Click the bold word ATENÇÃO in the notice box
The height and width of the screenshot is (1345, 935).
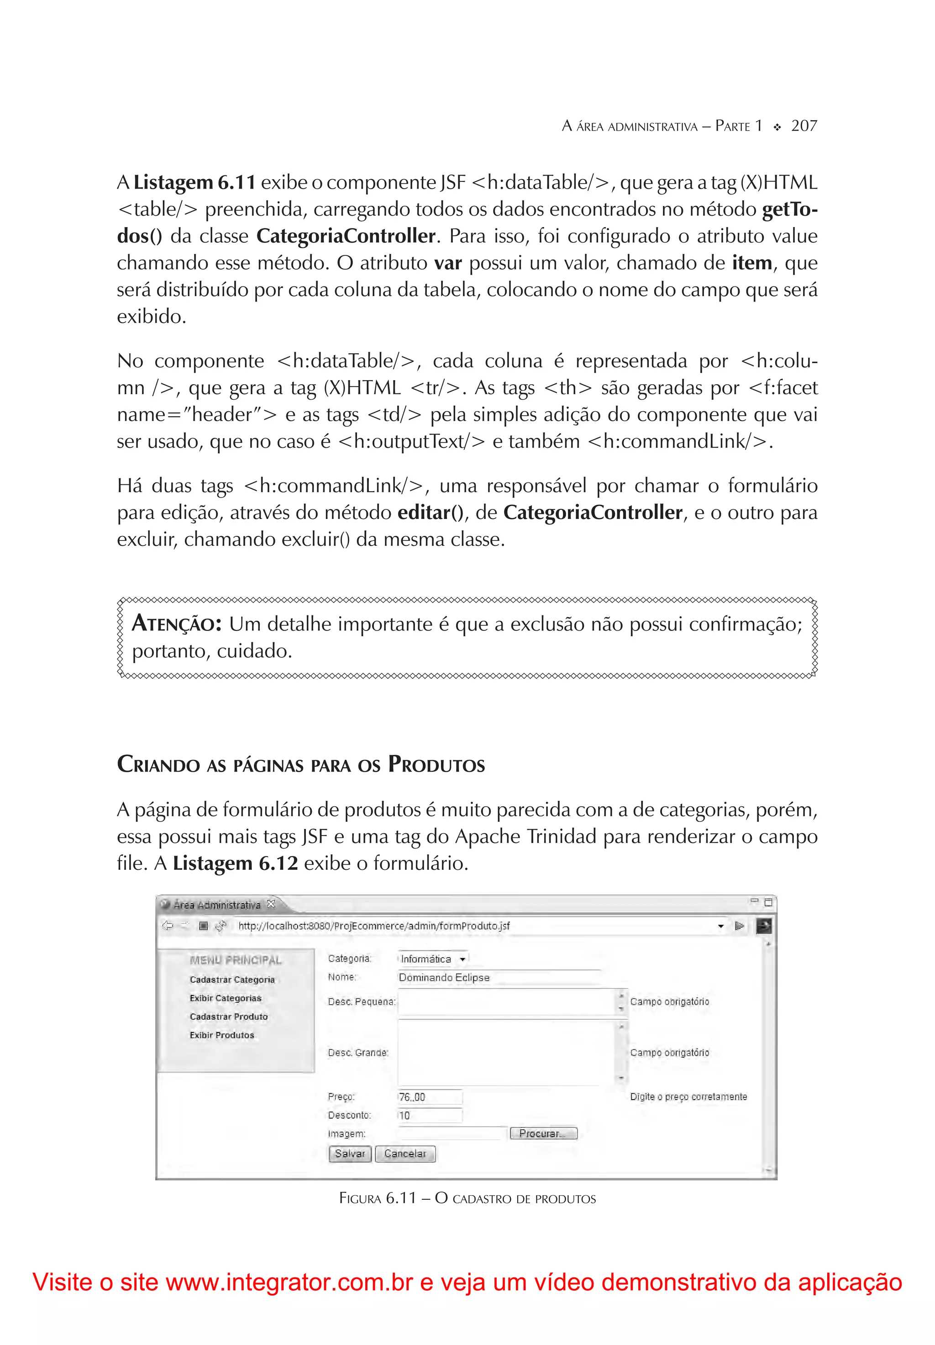point(176,624)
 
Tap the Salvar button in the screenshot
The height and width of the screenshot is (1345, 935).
point(350,1154)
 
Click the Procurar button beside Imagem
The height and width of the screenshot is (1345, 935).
point(543,1133)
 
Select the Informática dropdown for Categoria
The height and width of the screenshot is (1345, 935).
point(433,959)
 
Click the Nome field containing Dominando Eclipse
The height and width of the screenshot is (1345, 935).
point(498,977)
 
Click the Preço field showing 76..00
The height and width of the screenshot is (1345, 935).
point(429,1096)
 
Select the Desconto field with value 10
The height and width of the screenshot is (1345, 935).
point(429,1115)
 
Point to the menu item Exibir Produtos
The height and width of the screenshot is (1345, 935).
point(222,1035)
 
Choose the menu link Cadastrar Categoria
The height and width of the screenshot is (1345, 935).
point(232,980)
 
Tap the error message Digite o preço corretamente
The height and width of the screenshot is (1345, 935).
point(688,1096)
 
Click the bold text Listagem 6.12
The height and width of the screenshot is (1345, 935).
point(236,863)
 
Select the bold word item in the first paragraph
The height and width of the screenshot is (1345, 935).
point(752,263)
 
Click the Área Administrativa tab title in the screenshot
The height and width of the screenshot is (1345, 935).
point(216,905)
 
